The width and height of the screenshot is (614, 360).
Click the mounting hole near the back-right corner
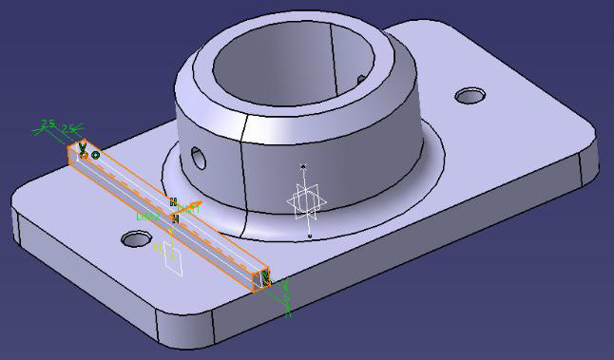(470, 96)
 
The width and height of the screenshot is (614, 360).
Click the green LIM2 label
(147, 217)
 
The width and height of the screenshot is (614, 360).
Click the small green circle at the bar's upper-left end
(95, 155)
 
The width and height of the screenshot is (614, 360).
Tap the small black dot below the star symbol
(310, 236)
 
